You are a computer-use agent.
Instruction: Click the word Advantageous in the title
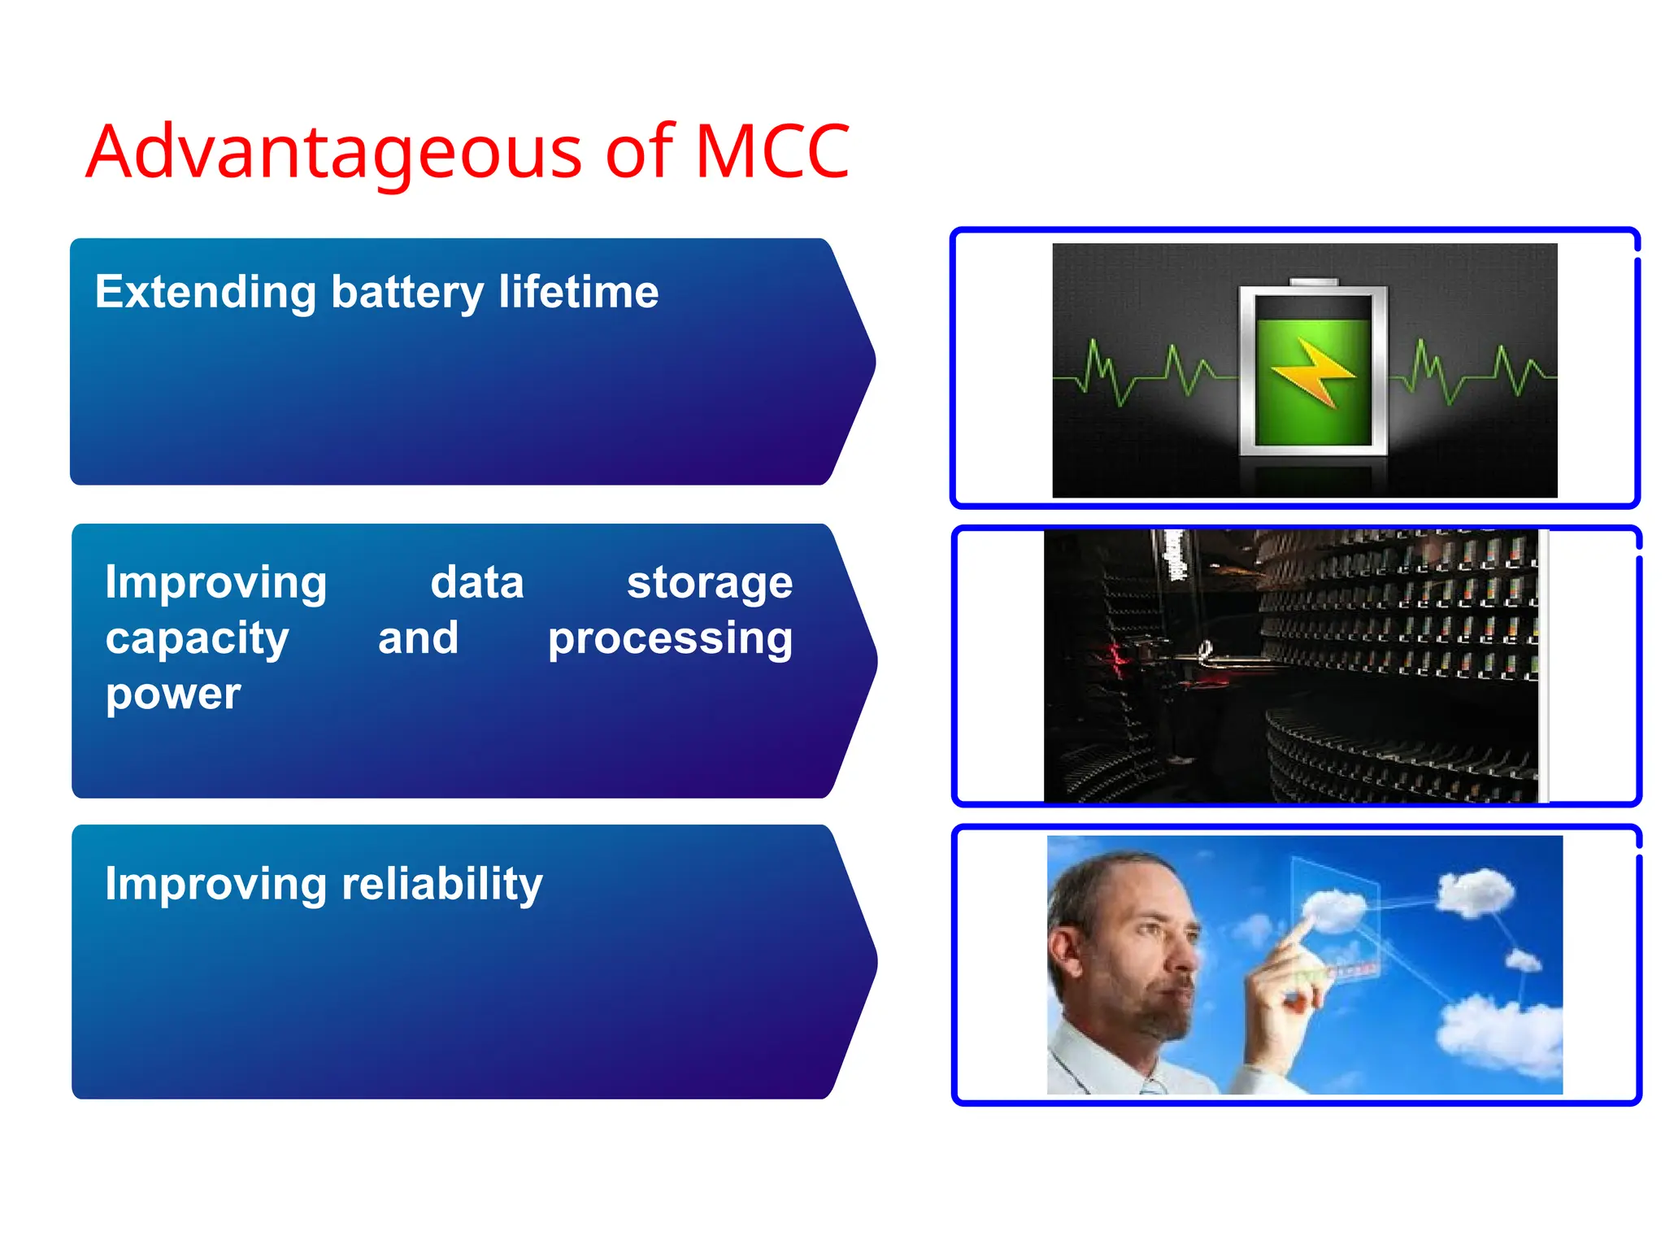pyautogui.click(x=333, y=152)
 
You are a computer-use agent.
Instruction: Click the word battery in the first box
pyautogui.click(x=406, y=293)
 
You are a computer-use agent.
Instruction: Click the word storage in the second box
pyautogui.click(x=709, y=583)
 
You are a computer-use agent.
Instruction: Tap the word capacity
pyautogui.click(x=197, y=638)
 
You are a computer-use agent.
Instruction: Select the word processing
pyautogui.click(x=670, y=638)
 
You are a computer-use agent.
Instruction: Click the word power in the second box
pyautogui.click(x=172, y=694)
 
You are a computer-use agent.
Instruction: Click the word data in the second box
pyautogui.click(x=476, y=583)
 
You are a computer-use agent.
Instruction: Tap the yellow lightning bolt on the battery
pyautogui.click(x=1312, y=372)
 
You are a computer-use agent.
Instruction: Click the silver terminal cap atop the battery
pyautogui.click(x=1313, y=282)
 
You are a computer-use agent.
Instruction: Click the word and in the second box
pyautogui.click(x=418, y=638)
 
